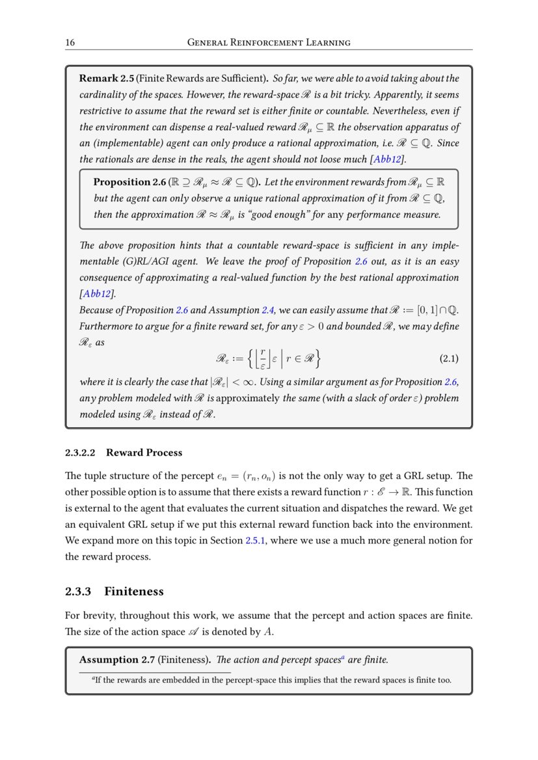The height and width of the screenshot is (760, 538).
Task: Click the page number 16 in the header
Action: tap(70, 43)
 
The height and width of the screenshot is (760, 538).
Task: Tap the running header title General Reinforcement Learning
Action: tap(269, 43)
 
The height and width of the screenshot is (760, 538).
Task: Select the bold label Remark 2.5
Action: tap(106, 79)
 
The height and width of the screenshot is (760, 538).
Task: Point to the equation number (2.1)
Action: tap(446, 358)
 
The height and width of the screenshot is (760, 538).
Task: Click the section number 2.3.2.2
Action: tap(81, 452)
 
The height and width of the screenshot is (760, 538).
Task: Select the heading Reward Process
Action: tap(144, 452)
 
